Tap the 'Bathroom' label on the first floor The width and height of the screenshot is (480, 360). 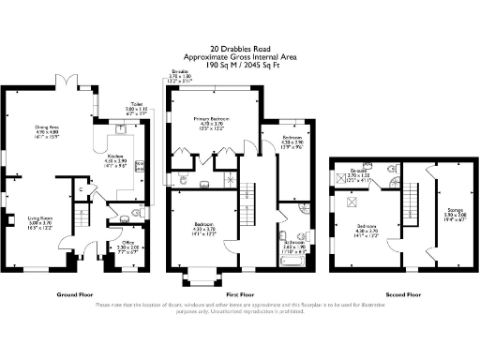[x=293, y=242]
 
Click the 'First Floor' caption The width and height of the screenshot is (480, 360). [x=239, y=292]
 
